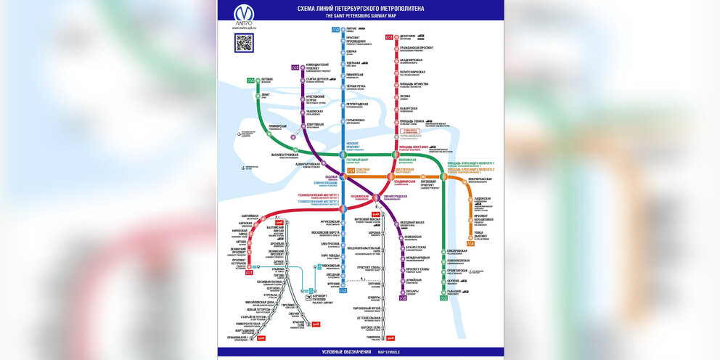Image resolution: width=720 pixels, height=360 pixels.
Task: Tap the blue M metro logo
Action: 244,14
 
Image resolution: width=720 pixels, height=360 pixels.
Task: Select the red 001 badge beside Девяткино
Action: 390,37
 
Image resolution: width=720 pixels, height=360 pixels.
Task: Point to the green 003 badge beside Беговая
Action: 250,81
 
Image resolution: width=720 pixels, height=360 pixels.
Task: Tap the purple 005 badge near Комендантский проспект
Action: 295,67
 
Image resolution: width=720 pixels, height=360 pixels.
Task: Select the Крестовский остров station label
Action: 314,97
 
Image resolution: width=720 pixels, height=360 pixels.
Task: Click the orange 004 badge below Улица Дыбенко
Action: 470,244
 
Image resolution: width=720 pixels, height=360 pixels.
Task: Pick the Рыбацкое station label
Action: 457,291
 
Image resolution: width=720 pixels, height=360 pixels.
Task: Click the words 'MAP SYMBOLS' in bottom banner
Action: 388,352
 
